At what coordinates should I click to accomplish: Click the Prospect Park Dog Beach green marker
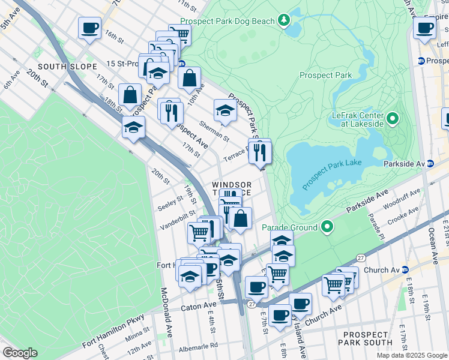(x=284, y=20)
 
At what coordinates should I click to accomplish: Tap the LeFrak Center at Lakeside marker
(x=393, y=118)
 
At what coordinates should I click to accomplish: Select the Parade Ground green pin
(x=327, y=227)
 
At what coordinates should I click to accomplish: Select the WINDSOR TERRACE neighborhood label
(x=231, y=188)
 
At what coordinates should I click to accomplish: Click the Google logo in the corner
(x=20, y=352)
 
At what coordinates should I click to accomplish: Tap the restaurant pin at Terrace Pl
(x=261, y=152)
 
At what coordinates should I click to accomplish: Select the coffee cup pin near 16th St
(x=89, y=28)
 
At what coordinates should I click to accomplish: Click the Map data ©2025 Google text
(x=412, y=355)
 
